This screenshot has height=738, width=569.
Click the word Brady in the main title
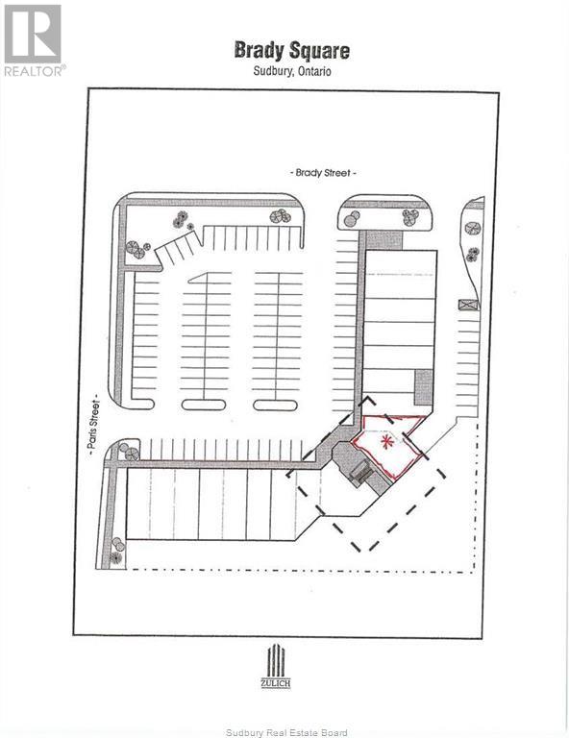pyautogui.click(x=260, y=50)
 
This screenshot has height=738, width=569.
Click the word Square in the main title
pyautogui.click(x=319, y=51)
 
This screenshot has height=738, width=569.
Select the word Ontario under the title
pyautogui.click(x=313, y=71)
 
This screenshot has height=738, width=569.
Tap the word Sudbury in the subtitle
pyautogui.click(x=273, y=71)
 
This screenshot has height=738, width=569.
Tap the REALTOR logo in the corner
pyautogui.click(x=34, y=40)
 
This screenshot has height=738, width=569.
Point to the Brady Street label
pyautogui.click(x=323, y=173)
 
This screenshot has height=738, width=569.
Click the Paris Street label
pyautogui.click(x=94, y=425)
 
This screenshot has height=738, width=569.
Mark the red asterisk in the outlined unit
pyautogui.click(x=386, y=442)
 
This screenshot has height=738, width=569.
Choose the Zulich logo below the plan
pyautogui.click(x=276, y=667)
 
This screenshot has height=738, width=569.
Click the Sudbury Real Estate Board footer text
pyautogui.click(x=286, y=732)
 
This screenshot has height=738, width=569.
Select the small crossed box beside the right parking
pyautogui.click(x=468, y=305)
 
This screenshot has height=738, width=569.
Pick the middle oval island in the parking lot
pyautogui.click(x=204, y=405)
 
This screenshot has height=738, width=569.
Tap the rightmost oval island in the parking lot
pyautogui.click(x=275, y=406)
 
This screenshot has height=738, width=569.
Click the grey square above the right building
pyautogui.click(x=384, y=240)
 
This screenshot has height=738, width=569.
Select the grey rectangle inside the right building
pyautogui.click(x=423, y=387)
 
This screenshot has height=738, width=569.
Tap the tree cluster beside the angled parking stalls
pyautogui.click(x=137, y=249)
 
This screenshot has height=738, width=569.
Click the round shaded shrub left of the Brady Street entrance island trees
pyautogui.click(x=352, y=219)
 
